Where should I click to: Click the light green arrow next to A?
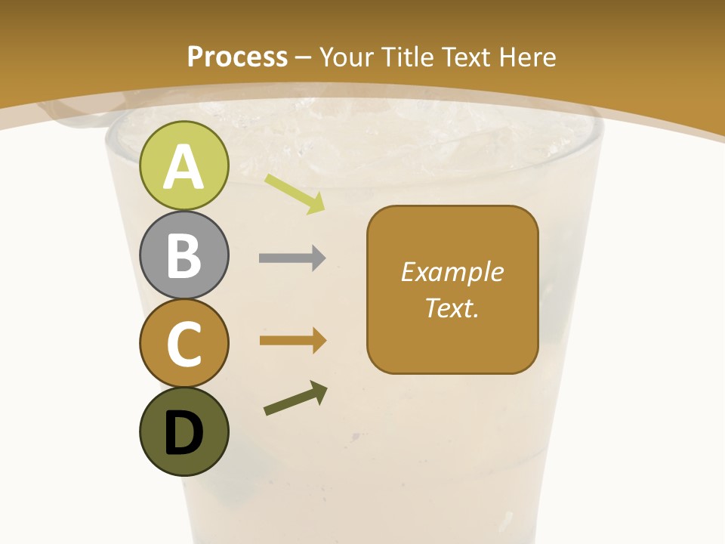coord(295,193)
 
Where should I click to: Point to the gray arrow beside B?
coord(292,258)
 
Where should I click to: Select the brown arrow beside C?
coord(292,341)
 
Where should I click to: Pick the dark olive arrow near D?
coord(295,398)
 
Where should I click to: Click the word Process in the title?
coord(237,57)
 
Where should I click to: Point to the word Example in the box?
coord(452,272)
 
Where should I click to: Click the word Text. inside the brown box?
coord(452,308)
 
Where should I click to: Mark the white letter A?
coord(184,167)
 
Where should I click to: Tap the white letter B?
coord(184,255)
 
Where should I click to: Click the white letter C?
coord(184,344)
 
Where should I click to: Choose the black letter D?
coord(184,432)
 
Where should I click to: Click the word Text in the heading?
coord(465,57)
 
